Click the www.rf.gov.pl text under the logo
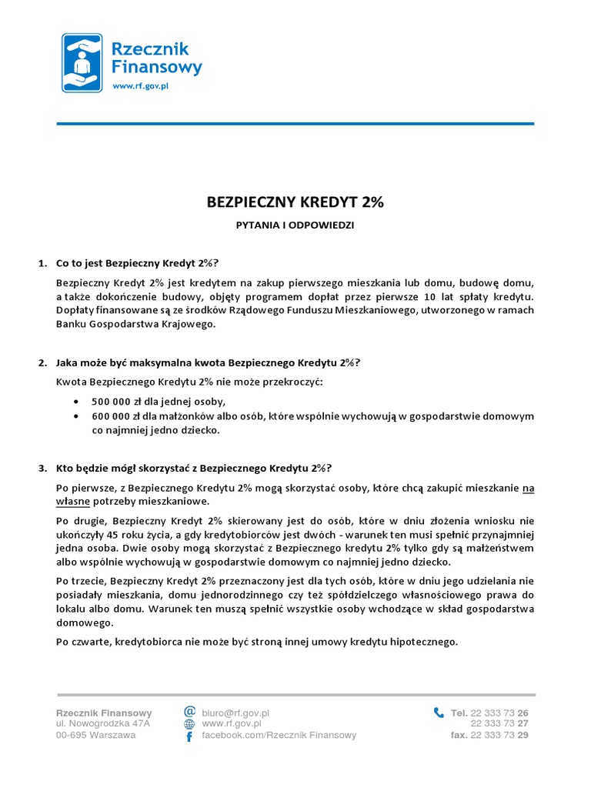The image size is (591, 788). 141,87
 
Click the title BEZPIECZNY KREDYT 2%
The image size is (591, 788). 295,202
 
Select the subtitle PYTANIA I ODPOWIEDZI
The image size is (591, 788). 295,225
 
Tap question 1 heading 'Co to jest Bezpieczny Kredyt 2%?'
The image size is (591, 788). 142,264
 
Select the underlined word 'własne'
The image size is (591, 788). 73,501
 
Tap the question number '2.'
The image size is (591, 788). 43,362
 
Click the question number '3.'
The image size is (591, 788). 43,467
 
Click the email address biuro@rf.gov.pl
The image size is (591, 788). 235,713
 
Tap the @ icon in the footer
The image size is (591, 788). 189,712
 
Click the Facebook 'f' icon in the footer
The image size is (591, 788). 189,736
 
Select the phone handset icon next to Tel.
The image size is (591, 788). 439,713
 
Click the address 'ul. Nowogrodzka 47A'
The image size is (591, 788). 103,724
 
